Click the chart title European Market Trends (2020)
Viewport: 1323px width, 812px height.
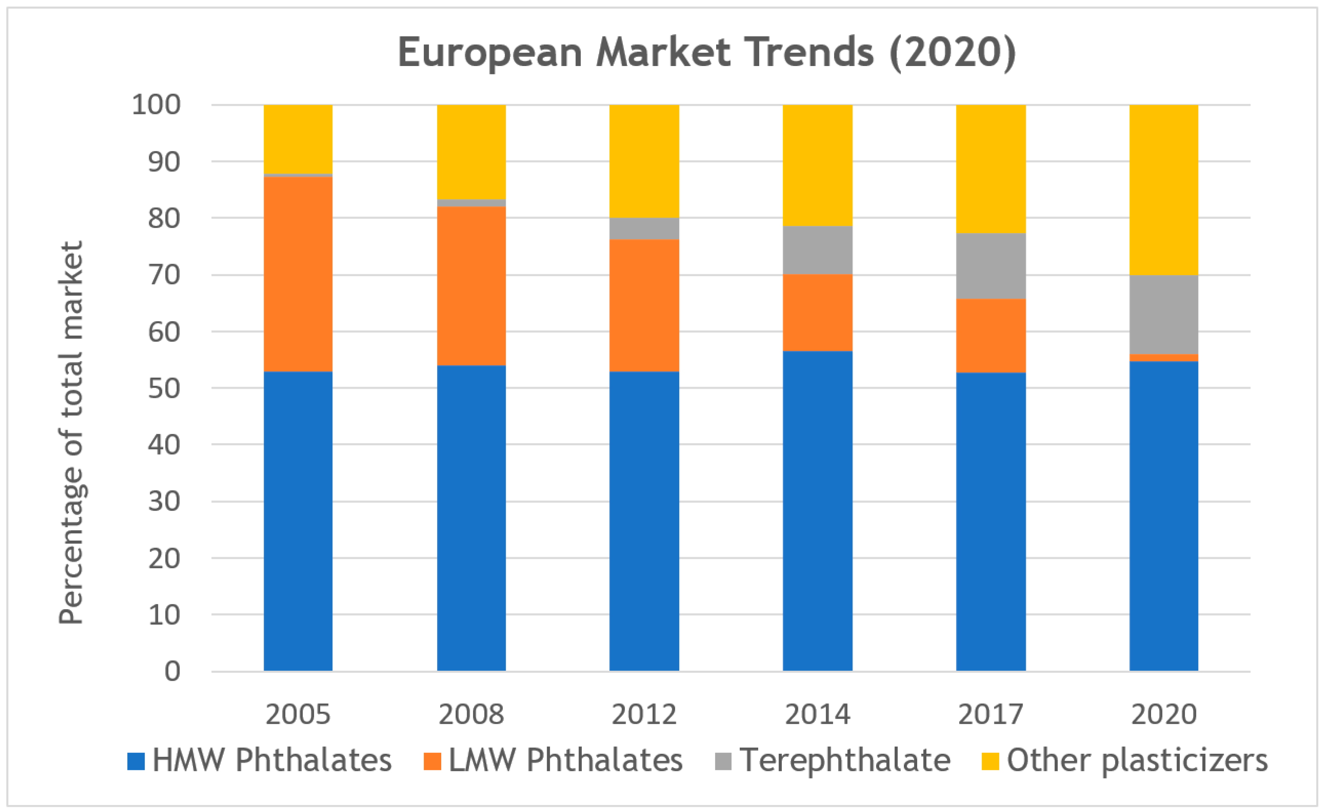click(x=707, y=53)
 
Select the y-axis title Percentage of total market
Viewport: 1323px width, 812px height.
click(x=72, y=432)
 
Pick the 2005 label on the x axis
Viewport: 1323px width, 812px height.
click(x=298, y=715)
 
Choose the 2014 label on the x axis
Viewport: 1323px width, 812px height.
click(x=818, y=715)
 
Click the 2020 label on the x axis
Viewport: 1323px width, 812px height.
click(x=1164, y=715)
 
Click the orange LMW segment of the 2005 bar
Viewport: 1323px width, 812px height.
click(x=298, y=274)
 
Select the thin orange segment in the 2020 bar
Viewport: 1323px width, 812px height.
click(x=1164, y=358)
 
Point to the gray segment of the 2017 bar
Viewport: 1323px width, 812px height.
click(x=991, y=266)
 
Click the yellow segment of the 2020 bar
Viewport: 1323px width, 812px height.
click(x=1164, y=190)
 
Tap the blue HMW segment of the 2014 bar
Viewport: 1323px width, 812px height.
click(x=818, y=510)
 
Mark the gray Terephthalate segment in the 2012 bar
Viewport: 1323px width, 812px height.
click(x=645, y=229)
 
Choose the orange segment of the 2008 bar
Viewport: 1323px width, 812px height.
click(x=471, y=286)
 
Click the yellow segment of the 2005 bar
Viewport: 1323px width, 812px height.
click(x=298, y=139)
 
